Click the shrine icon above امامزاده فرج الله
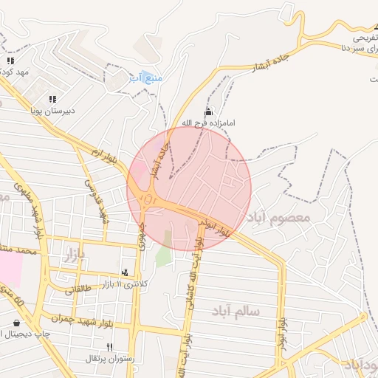tap(207, 111)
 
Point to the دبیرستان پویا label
tap(52, 111)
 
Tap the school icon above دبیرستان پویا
tap(52, 98)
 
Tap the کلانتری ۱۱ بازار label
tap(124, 284)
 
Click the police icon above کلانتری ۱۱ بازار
tap(124, 272)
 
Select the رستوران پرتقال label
tap(109, 359)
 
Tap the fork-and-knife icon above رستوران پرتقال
tap(109, 347)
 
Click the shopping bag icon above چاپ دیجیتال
tap(17, 323)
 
